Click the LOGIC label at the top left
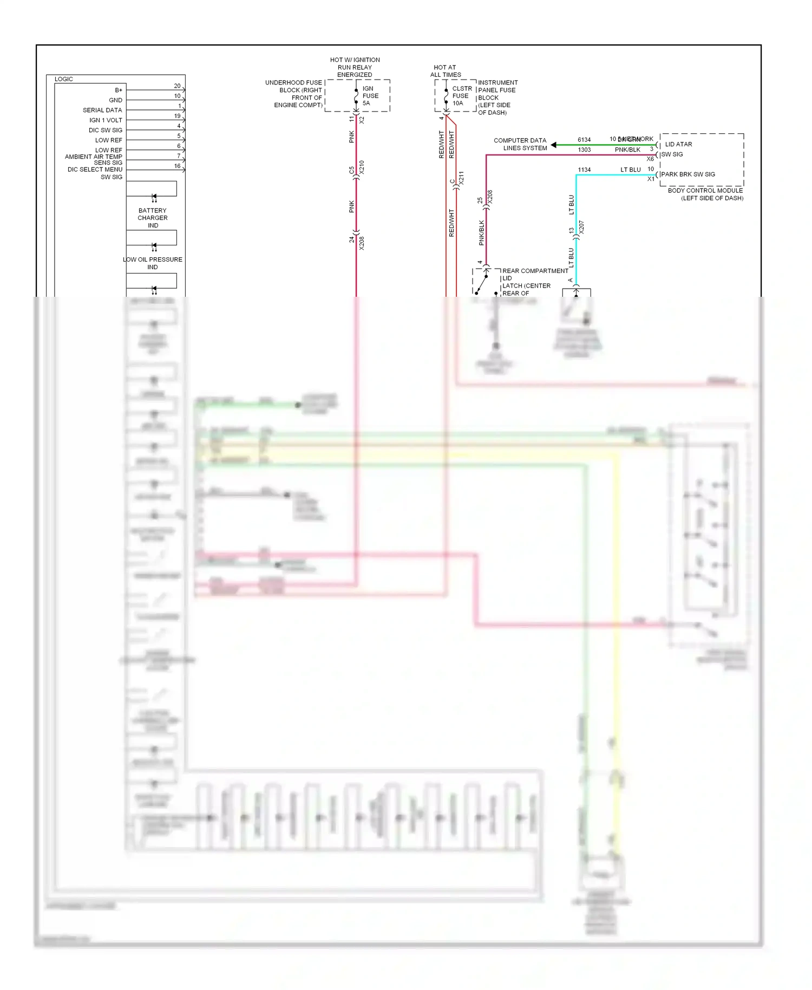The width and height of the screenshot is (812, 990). (x=63, y=79)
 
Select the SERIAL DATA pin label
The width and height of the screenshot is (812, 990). (x=102, y=110)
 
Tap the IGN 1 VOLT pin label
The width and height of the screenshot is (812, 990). (x=106, y=120)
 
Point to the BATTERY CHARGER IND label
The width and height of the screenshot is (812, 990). (x=153, y=218)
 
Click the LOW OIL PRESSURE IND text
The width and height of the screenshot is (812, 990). (x=153, y=263)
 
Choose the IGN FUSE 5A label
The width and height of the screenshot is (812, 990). (x=370, y=96)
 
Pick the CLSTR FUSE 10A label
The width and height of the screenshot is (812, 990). (x=461, y=96)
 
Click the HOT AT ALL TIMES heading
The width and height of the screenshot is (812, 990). (x=446, y=71)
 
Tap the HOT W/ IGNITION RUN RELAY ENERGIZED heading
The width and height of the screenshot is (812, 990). (x=355, y=67)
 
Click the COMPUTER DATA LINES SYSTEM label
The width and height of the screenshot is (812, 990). (x=520, y=144)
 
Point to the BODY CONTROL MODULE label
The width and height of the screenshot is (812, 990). (x=705, y=194)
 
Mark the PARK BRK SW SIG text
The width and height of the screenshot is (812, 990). (x=688, y=174)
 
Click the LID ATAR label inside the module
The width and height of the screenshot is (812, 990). (x=678, y=144)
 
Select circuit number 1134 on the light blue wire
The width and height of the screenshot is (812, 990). (x=584, y=170)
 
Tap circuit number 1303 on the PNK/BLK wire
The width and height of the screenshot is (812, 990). (x=584, y=150)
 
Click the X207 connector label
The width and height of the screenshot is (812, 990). (x=581, y=227)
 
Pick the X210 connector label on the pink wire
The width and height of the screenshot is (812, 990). (x=362, y=167)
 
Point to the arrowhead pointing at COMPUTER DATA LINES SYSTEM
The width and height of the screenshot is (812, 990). (x=554, y=145)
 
